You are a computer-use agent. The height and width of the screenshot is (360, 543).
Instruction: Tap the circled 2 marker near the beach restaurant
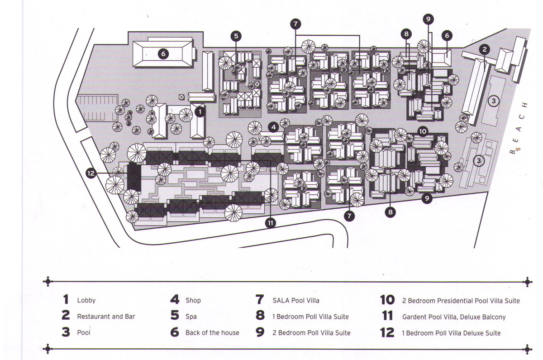coord(484,48)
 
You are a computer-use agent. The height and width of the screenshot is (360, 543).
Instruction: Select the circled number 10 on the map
coord(423,132)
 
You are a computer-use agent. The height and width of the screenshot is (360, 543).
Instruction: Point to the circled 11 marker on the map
coord(271,222)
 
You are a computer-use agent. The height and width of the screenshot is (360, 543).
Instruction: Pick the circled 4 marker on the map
coord(273,127)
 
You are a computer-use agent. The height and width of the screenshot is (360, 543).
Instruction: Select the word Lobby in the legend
coord(86,300)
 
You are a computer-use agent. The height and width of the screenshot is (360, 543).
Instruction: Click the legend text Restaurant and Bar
coord(106,317)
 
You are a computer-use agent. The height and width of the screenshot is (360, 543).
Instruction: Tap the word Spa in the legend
coord(191,317)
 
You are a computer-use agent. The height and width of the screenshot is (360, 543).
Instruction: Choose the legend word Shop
coord(193,300)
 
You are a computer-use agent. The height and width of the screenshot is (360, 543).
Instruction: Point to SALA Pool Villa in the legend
coord(295,300)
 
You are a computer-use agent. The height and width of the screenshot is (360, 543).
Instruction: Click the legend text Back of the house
coord(212,332)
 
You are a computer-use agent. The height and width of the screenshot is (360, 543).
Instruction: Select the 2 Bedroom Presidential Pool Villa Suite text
coord(461,301)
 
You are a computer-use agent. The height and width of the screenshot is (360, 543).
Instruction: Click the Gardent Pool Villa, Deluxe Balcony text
coord(453,317)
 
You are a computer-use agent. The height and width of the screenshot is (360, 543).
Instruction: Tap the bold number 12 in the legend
coord(387,332)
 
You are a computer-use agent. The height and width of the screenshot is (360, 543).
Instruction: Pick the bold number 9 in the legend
coord(260,332)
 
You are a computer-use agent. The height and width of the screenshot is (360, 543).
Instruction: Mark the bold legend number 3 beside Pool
coord(66,332)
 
